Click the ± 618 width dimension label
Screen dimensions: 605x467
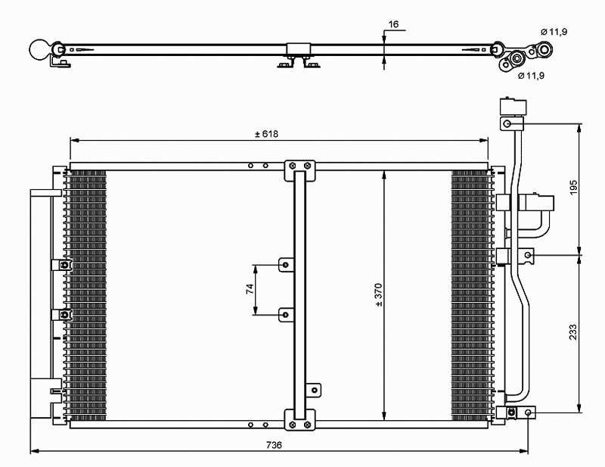(x=266, y=134)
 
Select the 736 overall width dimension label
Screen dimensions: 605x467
(x=274, y=445)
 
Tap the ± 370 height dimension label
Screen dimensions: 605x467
(x=379, y=295)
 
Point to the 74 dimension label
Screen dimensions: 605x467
(x=250, y=289)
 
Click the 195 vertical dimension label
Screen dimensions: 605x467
(x=574, y=188)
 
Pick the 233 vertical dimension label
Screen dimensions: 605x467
(x=574, y=332)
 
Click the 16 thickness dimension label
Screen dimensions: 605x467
(x=393, y=24)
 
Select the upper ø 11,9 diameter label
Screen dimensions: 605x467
(x=554, y=32)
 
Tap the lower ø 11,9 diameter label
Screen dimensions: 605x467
(x=532, y=76)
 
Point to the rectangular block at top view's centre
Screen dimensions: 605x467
(x=298, y=49)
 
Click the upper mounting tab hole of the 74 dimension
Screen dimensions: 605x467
(x=286, y=265)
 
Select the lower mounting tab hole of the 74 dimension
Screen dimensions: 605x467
(x=286, y=315)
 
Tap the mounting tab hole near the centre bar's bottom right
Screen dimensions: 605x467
(x=315, y=390)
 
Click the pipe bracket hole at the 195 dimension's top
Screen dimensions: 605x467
(x=507, y=124)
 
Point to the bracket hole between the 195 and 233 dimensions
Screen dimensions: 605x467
(x=528, y=254)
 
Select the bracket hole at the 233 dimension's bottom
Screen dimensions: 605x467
(x=529, y=413)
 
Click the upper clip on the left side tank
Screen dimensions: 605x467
(x=62, y=265)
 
